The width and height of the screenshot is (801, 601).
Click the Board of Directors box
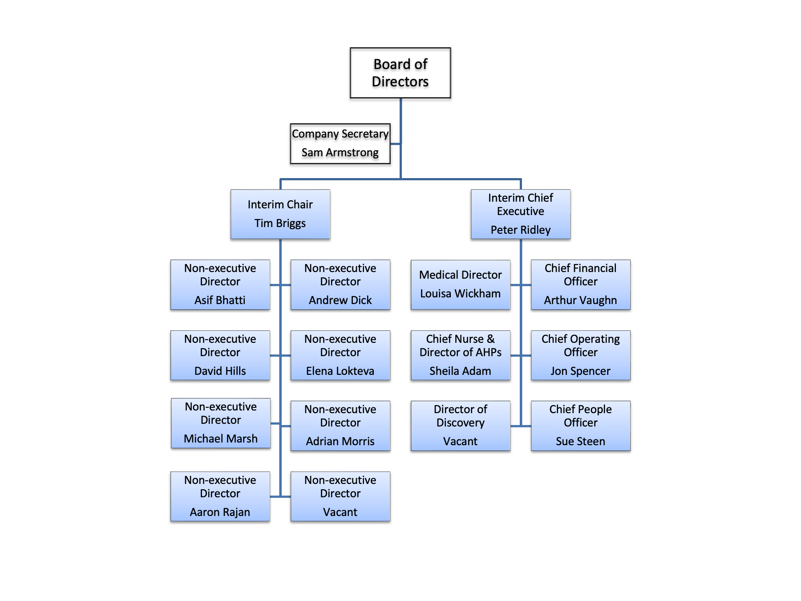pyautogui.click(x=400, y=73)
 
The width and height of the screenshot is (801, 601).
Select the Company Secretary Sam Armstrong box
pyautogui.click(x=340, y=143)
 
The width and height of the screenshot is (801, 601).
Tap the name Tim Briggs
pyautogui.click(x=280, y=223)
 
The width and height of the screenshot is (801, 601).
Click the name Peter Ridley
pyautogui.click(x=520, y=230)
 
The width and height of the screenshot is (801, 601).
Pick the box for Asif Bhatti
pyautogui.click(x=220, y=284)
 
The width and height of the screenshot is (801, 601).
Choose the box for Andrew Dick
pyautogui.click(x=340, y=284)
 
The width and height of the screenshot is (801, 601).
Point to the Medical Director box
pyautogui.click(x=460, y=284)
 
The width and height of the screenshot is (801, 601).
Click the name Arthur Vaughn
pyautogui.click(x=580, y=300)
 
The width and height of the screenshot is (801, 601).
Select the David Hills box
pyautogui.click(x=220, y=355)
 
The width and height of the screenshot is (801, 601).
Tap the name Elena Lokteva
pyautogui.click(x=340, y=371)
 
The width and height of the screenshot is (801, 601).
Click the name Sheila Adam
pyautogui.click(x=460, y=371)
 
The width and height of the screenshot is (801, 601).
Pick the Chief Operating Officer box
pyautogui.click(x=580, y=355)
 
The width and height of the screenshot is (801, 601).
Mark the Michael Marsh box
pyautogui.click(x=221, y=423)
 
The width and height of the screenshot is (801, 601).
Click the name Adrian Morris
pyautogui.click(x=340, y=441)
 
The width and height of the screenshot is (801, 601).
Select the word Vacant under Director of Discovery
pyautogui.click(x=460, y=441)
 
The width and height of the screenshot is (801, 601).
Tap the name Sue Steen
pyautogui.click(x=580, y=441)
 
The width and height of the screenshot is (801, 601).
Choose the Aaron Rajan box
pyautogui.click(x=220, y=496)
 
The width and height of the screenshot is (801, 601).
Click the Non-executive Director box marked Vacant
pyautogui.click(x=340, y=496)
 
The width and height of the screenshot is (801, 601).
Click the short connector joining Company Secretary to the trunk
pyautogui.click(x=395, y=144)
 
